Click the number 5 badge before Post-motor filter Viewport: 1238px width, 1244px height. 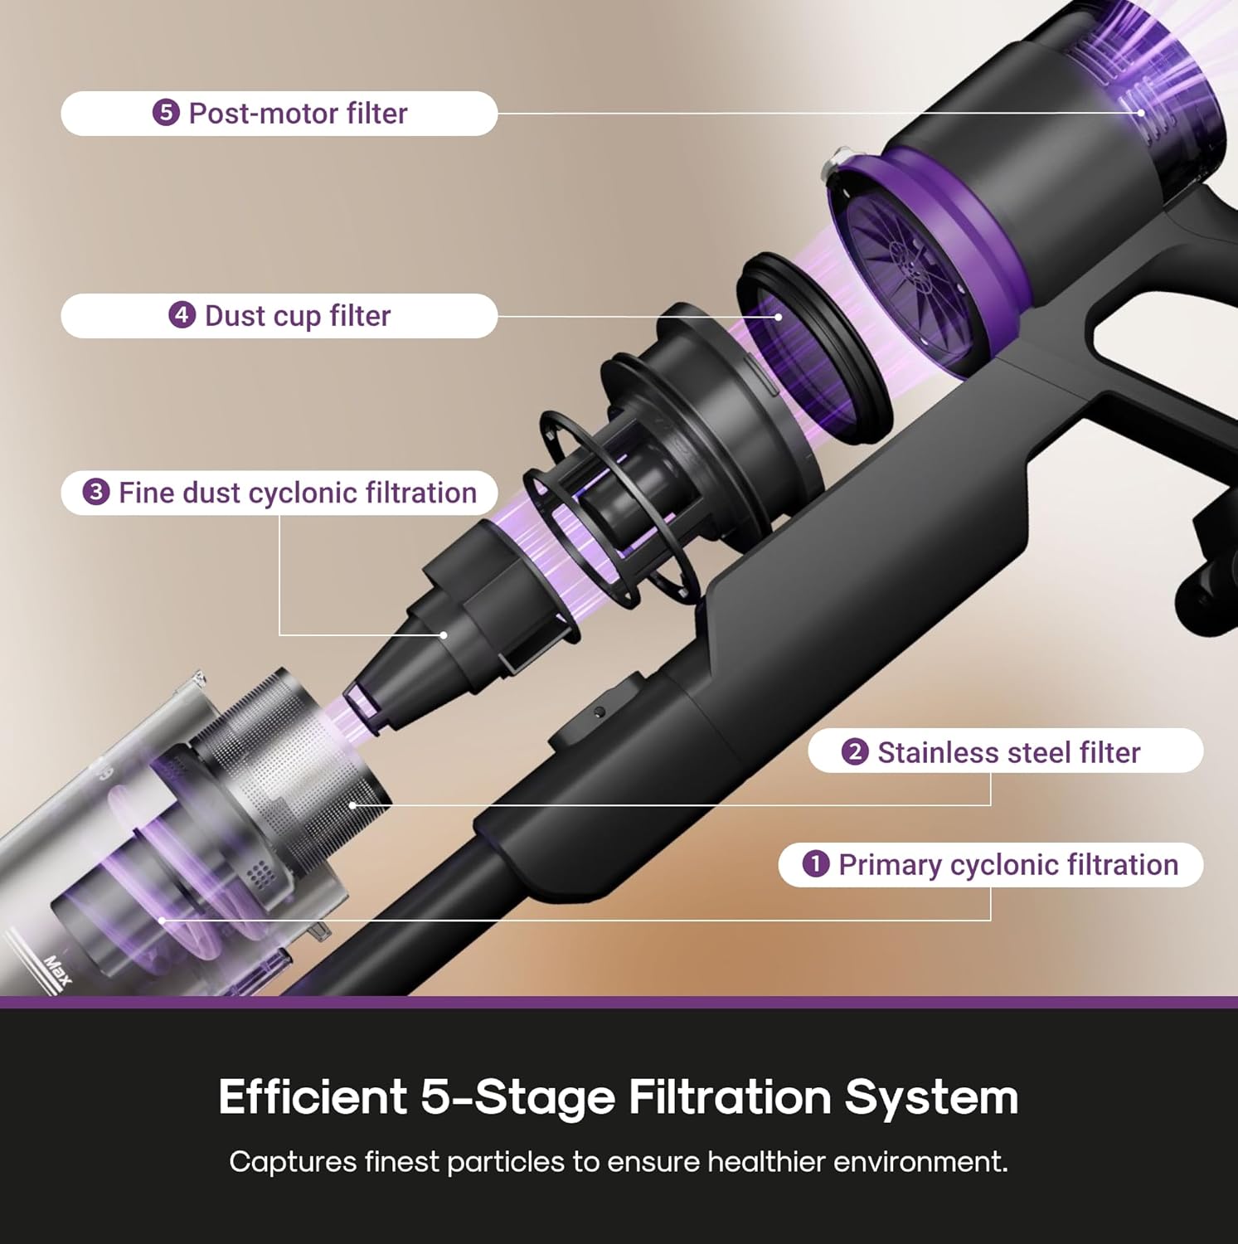[x=166, y=113]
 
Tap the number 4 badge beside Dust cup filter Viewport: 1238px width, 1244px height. [x=182, y=315]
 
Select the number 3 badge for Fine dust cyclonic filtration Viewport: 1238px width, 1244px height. [x=96, y=493]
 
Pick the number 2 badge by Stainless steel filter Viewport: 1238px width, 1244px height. [x=854, y=752]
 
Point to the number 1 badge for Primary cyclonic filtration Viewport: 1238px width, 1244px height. [x=816, y=864]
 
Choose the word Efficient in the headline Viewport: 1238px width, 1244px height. [x=313, y=1096]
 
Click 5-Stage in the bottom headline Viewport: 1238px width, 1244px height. [x=517, y=1096]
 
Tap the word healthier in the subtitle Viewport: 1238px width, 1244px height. [x=768, y=1161]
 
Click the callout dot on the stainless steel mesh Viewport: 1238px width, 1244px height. [x=353, y=804]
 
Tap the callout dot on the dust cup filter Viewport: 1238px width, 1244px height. [x=779, y=316]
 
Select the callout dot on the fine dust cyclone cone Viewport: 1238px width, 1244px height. [x=444, y=635]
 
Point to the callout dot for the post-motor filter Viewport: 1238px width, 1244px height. [x=1141, y=113]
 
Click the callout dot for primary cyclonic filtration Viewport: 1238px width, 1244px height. [x=162, y=920]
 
